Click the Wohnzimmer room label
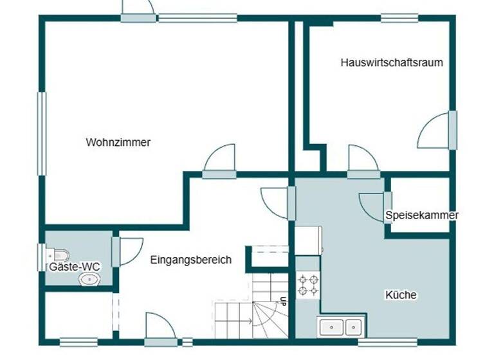click(x=118, y=142)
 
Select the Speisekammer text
click(x=422, y=215)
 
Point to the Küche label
click(x=401, y=295)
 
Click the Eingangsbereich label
click(x=190, y=260)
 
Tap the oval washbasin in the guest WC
click(x=89, y=279)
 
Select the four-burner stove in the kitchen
click(x=307, y=285)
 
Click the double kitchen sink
click(x=341, y=327)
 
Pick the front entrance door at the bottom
click(x=160, y=330)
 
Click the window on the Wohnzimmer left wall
click(x=42, y=133)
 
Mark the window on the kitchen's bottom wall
click(x=382, y=343)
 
